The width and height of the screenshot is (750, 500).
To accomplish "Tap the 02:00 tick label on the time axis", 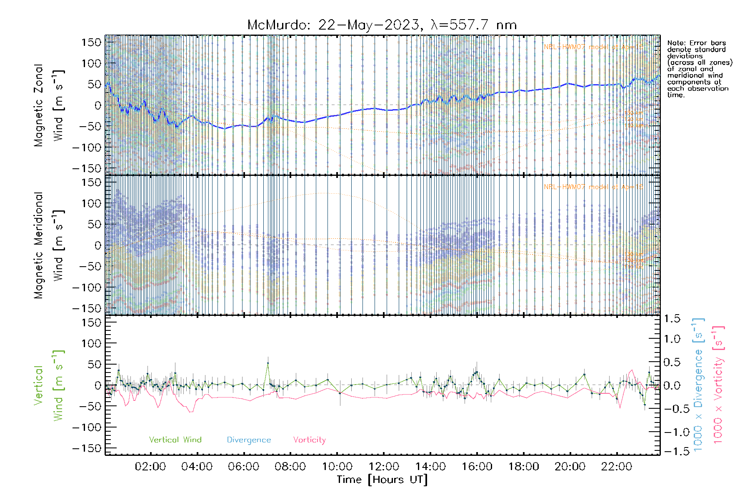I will coord(150,467).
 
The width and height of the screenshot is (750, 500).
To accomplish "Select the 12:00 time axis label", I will coord(384,467).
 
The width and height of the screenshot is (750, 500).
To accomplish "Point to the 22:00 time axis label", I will coord(617,467).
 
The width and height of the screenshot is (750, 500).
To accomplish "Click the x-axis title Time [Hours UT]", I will coord(382,480).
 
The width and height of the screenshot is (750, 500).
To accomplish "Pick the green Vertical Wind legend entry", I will coord(175,440).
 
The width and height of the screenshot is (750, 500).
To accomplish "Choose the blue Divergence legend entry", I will coord(249,440).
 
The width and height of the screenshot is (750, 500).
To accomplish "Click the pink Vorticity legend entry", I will coord(309,440).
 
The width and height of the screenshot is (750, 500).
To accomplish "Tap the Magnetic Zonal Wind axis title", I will coord(49,105).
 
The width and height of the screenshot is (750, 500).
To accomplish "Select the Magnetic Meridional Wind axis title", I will coord(49,245).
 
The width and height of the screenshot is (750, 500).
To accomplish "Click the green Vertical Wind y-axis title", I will coord(49,385).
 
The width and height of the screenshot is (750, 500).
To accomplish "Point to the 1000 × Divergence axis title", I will coord(698,385).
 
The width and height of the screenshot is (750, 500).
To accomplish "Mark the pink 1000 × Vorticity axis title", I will coord(718,385).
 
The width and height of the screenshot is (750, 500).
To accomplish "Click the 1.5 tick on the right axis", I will coord(672,319).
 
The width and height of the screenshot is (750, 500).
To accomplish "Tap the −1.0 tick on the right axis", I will coord(672,432).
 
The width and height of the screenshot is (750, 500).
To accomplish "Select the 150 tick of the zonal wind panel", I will coord(92,42).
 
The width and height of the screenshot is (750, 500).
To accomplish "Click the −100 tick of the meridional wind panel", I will coord(87,287).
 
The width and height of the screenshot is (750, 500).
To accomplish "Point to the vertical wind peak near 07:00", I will coord(268,363).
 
